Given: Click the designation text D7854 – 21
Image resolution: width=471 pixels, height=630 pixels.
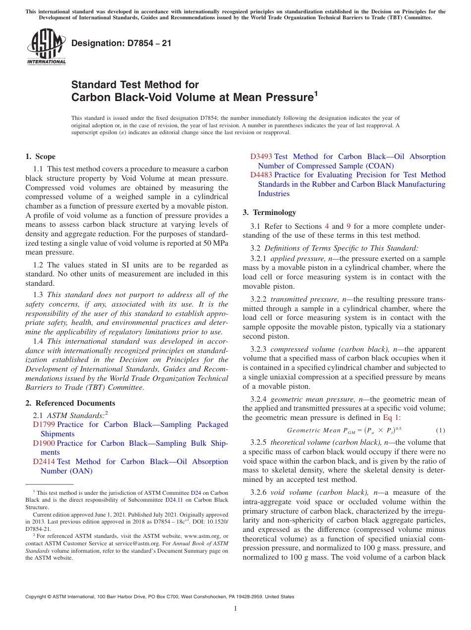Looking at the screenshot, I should click(121, 43).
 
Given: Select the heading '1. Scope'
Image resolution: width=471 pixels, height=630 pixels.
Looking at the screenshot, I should click(40, 157).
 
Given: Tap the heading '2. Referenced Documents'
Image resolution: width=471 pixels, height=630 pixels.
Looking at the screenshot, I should click(70, 403).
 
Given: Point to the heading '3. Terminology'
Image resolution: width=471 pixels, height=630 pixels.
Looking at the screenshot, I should click(269, 212).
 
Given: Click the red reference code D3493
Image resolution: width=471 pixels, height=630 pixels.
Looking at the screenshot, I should click(261, 157).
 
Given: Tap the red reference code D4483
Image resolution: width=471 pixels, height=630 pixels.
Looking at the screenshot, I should click(261, 175).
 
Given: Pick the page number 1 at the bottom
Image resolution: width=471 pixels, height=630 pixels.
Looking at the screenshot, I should click(235, 609).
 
